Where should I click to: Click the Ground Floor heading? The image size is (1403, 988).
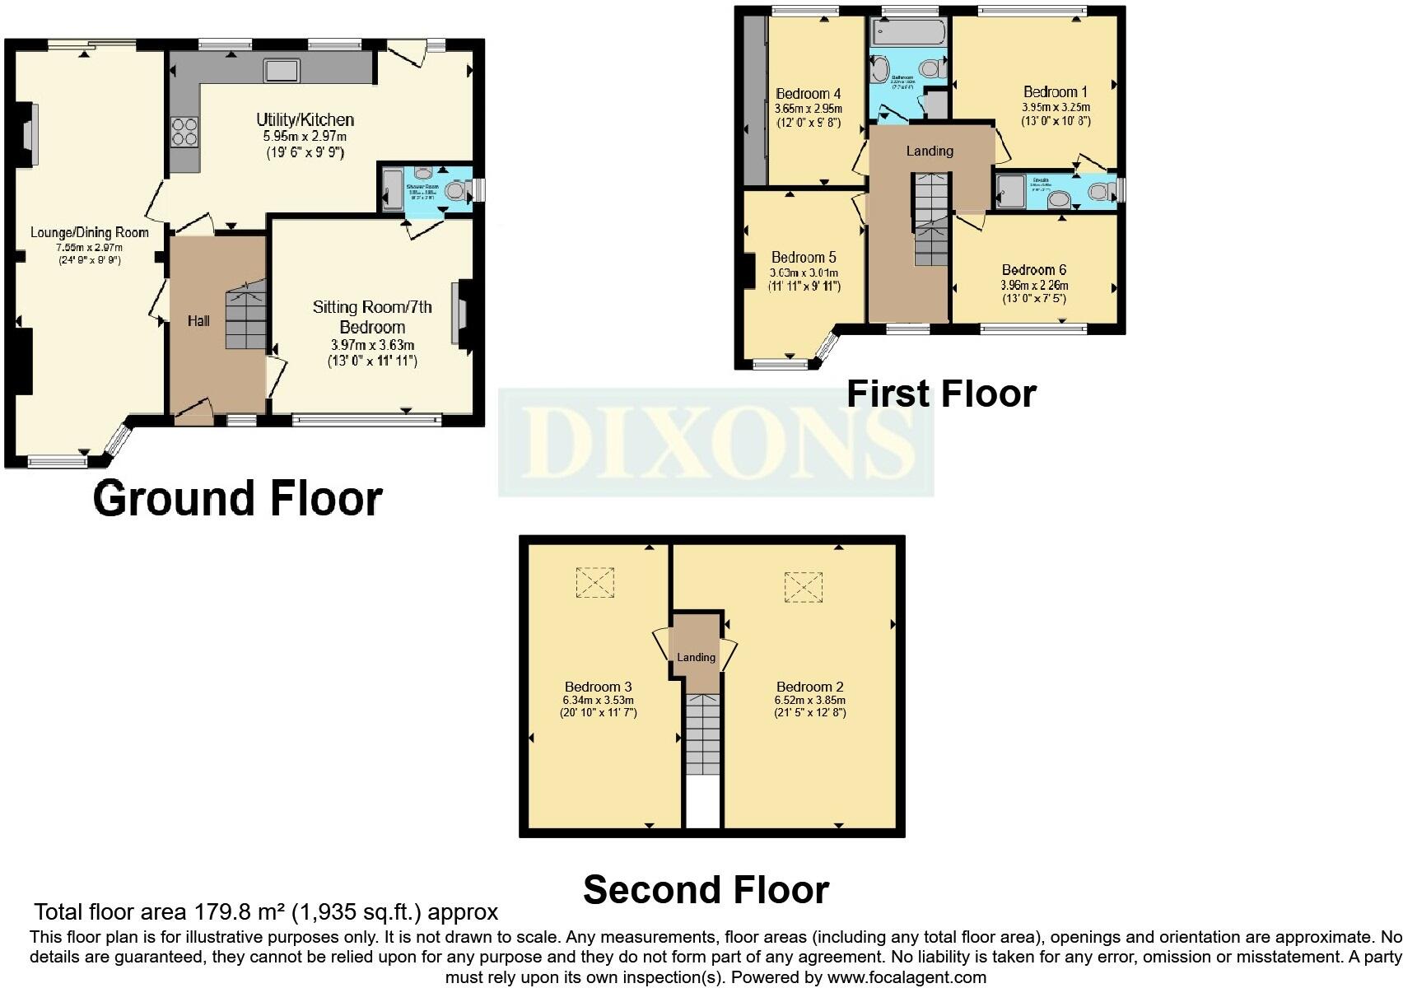(238, 498)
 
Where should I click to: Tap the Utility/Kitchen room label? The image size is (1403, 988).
(305, 120)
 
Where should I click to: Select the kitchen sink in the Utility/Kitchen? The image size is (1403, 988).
(281, 71)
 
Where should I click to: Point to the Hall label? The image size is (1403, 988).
(198, 321)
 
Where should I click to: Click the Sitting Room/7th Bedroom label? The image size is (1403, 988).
(372, 317)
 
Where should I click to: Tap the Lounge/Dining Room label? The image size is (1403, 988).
(89, 233)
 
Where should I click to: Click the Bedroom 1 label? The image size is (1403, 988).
(1056, 92)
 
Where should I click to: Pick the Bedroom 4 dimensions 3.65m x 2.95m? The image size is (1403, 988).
(809, 108)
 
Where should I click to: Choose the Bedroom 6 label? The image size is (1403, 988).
(1034, 270)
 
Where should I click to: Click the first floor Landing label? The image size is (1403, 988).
(930, 151)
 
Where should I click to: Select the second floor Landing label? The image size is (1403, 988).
(697, 658)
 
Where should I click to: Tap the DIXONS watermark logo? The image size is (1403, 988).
(715, 442)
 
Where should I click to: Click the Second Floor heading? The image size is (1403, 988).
(706, 890)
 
